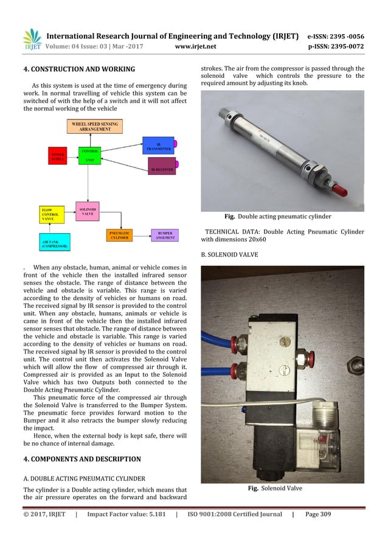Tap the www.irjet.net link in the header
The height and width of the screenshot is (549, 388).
(192, 45)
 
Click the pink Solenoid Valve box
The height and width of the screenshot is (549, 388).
(88, 212)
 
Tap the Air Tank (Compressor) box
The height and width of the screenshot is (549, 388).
(55, 243)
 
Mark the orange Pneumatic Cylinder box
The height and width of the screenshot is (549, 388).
(120, 236)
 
